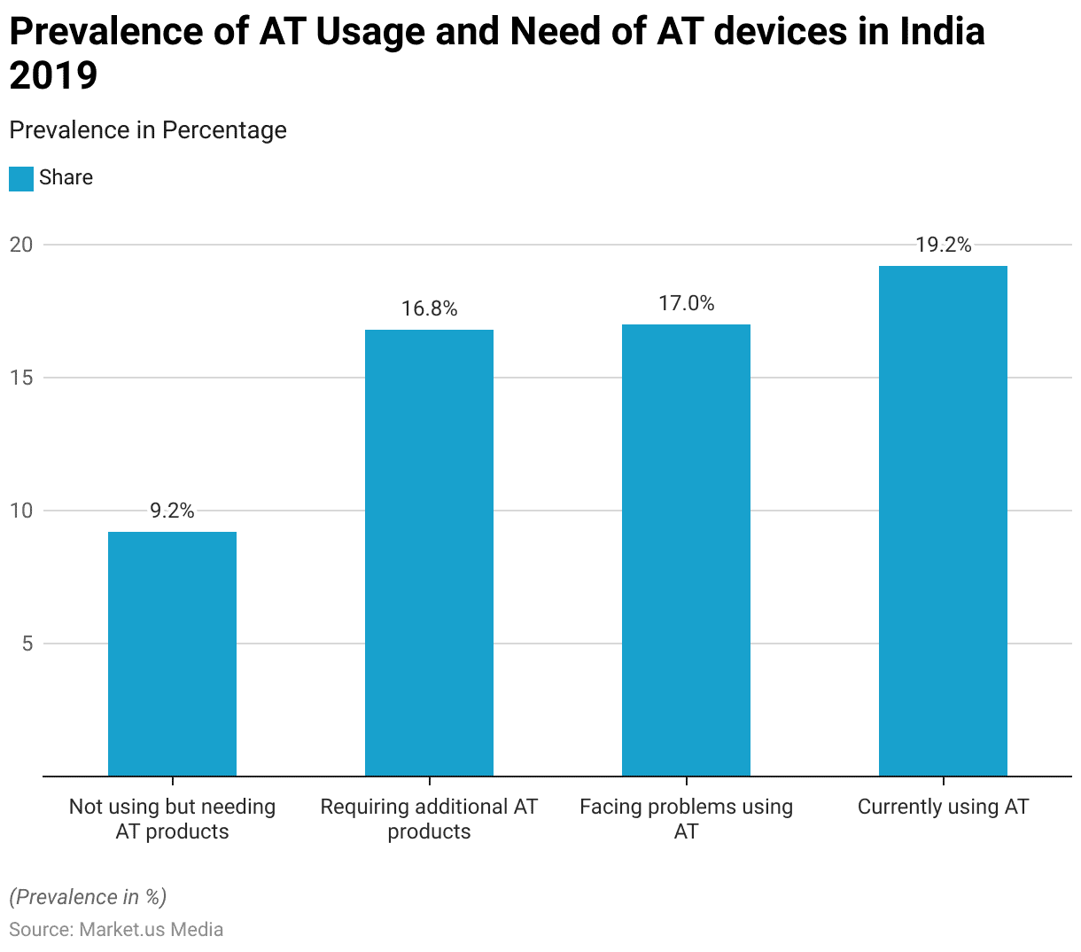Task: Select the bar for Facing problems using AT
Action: (686, 550)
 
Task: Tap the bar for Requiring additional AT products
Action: (429, 553)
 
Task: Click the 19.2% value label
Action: (943, 246)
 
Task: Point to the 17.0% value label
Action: (686, 304)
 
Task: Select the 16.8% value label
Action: (429, 309)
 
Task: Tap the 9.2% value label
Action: (172, 511)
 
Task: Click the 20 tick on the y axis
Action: (21, 245)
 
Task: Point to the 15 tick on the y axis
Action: (21, 378)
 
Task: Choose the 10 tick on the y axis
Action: (21, 511)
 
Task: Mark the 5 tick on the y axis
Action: (27, 644)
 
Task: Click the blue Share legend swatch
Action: (21, 178)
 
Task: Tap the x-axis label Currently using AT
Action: (943, 807)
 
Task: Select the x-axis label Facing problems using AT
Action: (686, 819)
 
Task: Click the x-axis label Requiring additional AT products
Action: (429, 819)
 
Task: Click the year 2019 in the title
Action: (53, 76)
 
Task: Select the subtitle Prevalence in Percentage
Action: (148, 130)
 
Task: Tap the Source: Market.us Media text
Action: (116, 929)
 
